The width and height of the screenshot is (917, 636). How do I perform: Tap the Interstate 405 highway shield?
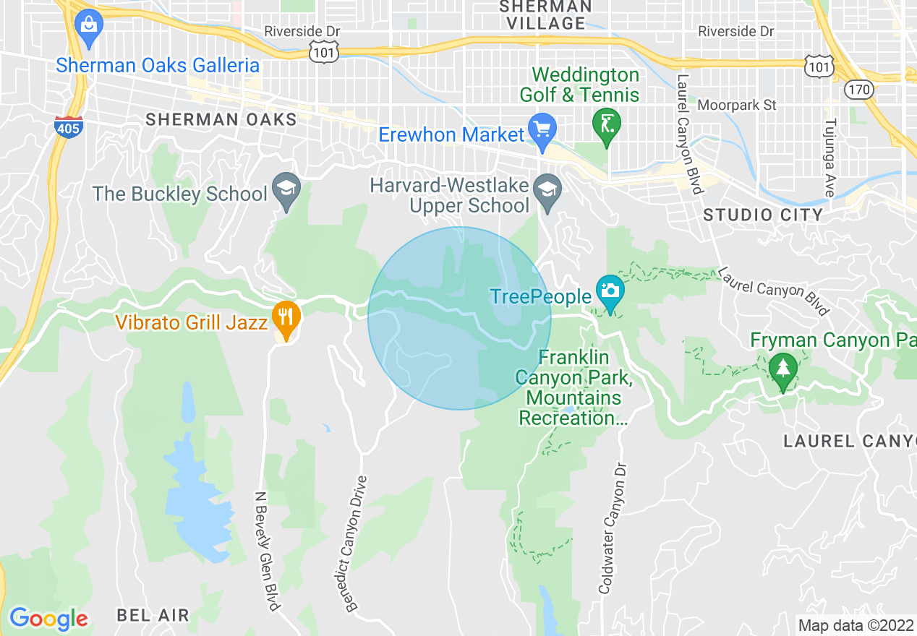[68, 127]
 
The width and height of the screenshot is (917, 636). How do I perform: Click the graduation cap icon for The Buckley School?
[286, 191]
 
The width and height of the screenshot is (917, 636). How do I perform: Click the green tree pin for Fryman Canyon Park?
[782, 369]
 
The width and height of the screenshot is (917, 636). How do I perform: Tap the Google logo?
[48, 619]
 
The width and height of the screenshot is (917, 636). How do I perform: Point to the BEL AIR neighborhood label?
[153, 616]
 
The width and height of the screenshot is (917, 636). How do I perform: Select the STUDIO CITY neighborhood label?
[763, 215]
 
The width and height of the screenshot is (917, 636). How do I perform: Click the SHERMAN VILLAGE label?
[545, 14]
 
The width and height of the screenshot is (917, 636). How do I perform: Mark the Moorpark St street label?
[736, 106]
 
